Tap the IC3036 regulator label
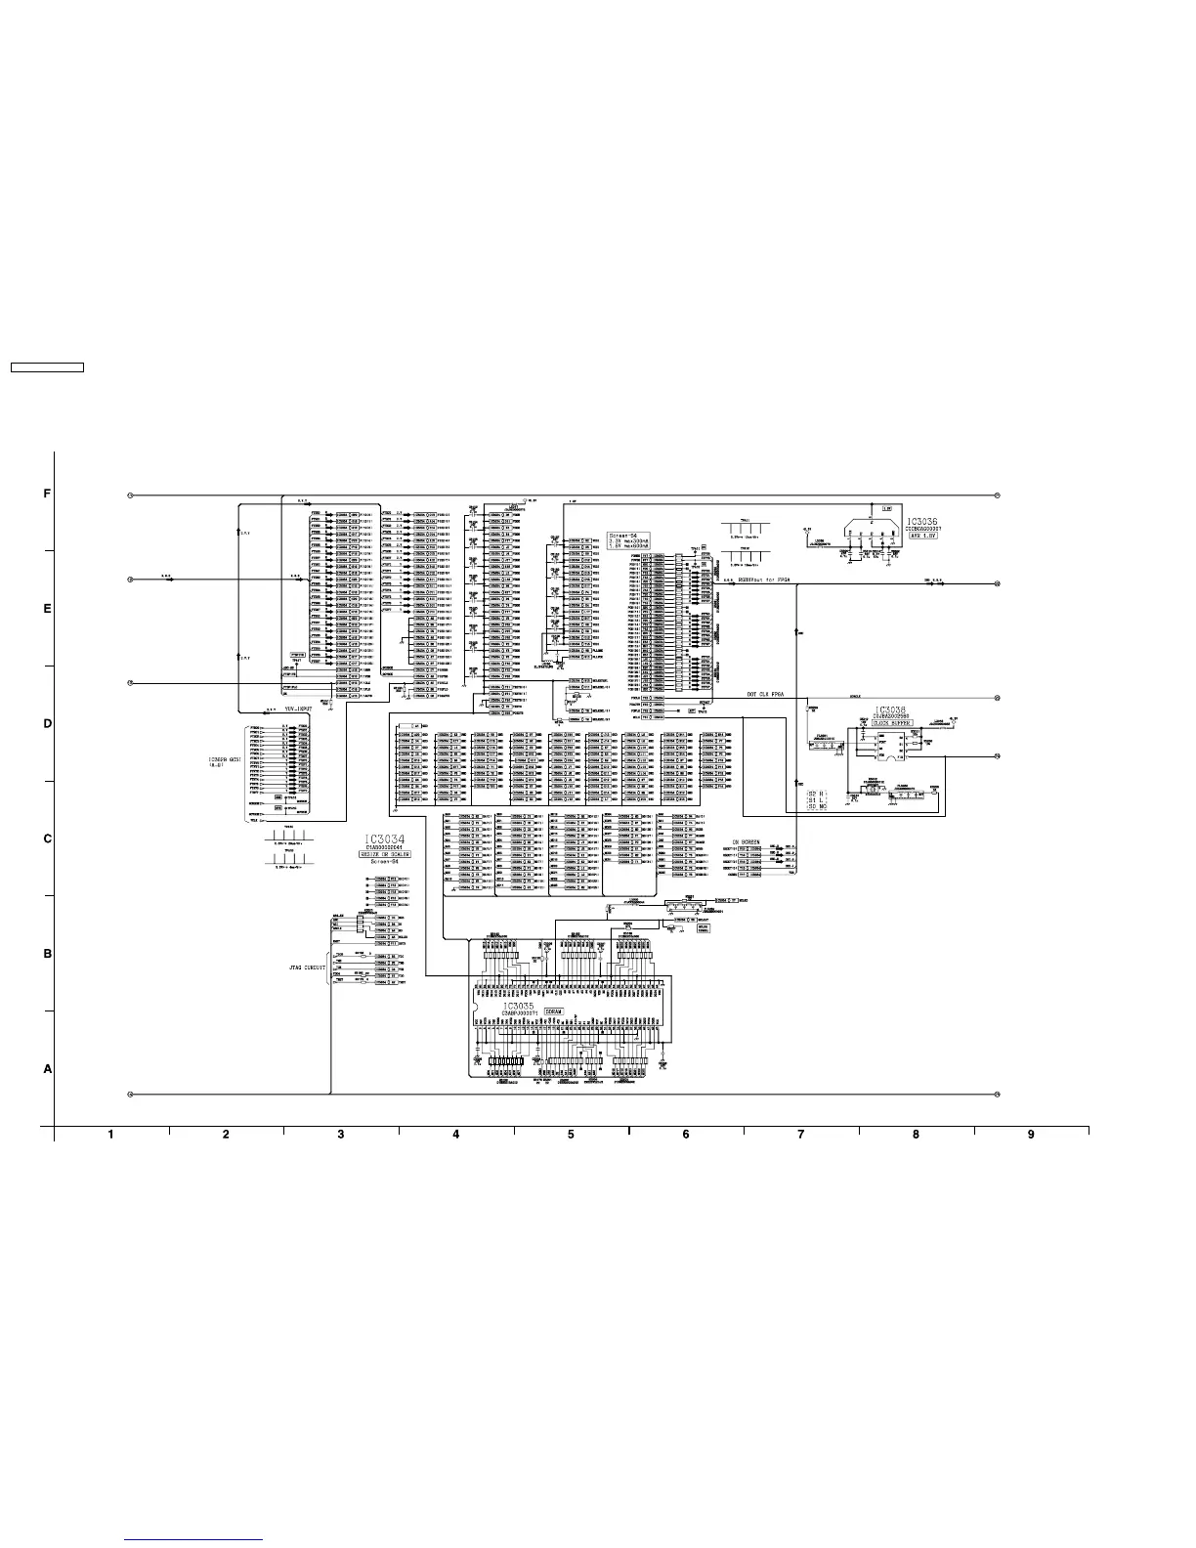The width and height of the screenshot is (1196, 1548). (x=922, y=523)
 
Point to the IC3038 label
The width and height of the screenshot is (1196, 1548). (x=891, y=710)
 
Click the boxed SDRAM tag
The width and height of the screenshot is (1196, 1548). (x=568, y=1011)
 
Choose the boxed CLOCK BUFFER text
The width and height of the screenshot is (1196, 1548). (x=892, y=723)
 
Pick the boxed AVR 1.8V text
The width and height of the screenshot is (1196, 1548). (x=922, y=537)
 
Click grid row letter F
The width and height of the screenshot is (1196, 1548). (x=47, y=494)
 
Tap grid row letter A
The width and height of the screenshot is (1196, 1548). (x=47, y=1069)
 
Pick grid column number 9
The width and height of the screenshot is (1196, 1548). (x=1031, y=1135)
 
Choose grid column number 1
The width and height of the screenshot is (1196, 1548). (x=111, y=1135)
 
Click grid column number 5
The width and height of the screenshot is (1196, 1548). (x=571, y=1135)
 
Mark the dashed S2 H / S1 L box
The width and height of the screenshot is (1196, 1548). (x=817, y=800)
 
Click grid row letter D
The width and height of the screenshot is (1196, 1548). (x=47, y=724)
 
